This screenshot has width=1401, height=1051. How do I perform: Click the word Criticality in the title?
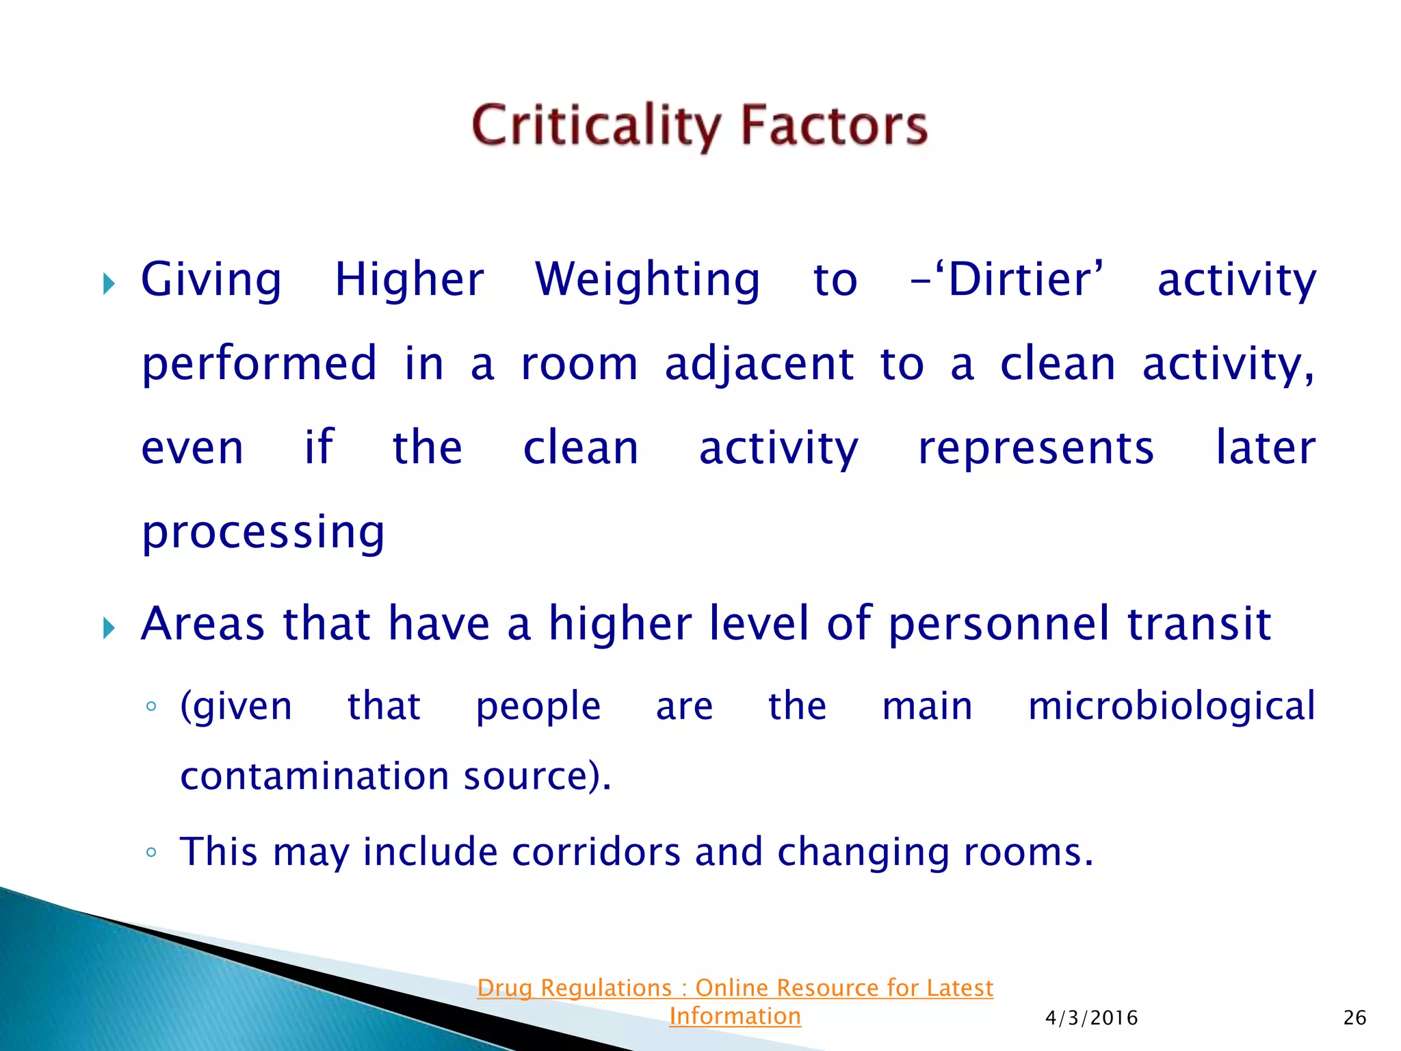pos(595,126)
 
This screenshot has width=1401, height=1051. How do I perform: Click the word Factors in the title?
pos(834,126)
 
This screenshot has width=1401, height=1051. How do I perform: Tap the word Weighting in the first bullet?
pos(647,281)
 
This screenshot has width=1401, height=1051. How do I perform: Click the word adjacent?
pos(759,364)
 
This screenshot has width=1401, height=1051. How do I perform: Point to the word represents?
pos(1036,449)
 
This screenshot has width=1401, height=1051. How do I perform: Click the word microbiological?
pos(1171,706)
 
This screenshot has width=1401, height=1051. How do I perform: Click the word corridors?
pos(596,853)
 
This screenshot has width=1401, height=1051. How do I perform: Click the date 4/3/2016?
pos(1091,1018)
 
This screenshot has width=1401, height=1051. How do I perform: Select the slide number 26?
pos(1354,1018)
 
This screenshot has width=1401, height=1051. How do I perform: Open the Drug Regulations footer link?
pos(735,989)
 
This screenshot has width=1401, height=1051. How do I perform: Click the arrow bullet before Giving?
pos(109,283)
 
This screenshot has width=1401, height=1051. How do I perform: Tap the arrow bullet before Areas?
pos(109,627)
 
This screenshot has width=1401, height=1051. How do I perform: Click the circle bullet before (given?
pos(151,707)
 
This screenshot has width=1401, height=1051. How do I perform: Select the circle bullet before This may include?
pos(151,853)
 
